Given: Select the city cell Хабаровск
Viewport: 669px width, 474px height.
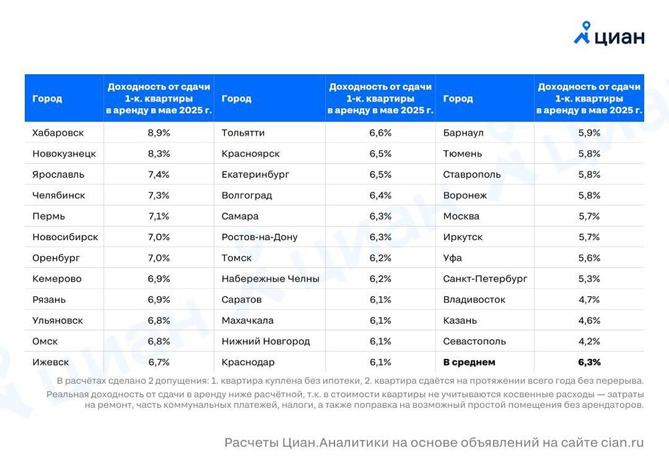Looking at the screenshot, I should pyautogui.click(x=58, y=133).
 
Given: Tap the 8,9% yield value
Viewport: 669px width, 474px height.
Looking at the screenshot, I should pyautogui.click(x=159, y=133).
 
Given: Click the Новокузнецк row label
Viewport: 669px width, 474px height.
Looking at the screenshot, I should pyautogui.click(x=64, y=154).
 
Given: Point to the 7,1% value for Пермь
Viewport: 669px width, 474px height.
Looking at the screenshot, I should pyautogui.click(x=159, y=217).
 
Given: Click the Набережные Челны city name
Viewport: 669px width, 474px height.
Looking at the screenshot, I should pyautogui.click(x=270, y=279).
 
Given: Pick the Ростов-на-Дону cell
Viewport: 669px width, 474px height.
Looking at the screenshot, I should pyautogui.click(x=260, y=237).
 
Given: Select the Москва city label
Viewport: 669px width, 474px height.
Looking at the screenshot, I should pyautogui.click(x=462, y=217).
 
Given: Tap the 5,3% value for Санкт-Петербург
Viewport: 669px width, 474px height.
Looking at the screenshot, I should pyautogui.click(x=589, y=279).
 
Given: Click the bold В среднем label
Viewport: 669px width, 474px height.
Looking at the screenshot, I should pyautogui.click(x=469, y=362).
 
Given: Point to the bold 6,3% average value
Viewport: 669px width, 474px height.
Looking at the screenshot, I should pyautogui.click(x=589, y=362).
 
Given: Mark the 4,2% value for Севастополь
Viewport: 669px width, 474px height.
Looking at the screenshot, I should pyautogui.click(x=589, y=342).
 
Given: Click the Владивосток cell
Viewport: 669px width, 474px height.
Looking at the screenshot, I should pyautogui.click(x=474, y=300).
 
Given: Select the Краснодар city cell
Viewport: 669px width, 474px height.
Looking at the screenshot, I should pyautogui.click(x=248, y=362).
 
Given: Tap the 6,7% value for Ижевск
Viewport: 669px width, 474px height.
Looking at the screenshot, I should pyautogui.click(x=159, y=362).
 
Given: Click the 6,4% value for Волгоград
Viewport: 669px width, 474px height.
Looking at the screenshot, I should pyautogui.click(x=381, y=196).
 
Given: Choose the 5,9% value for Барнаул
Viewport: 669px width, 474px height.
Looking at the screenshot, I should pyautogui.click(x=589, y=133).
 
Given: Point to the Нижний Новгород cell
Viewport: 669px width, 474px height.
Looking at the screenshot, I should pyautogui.click(x=266, y=342).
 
